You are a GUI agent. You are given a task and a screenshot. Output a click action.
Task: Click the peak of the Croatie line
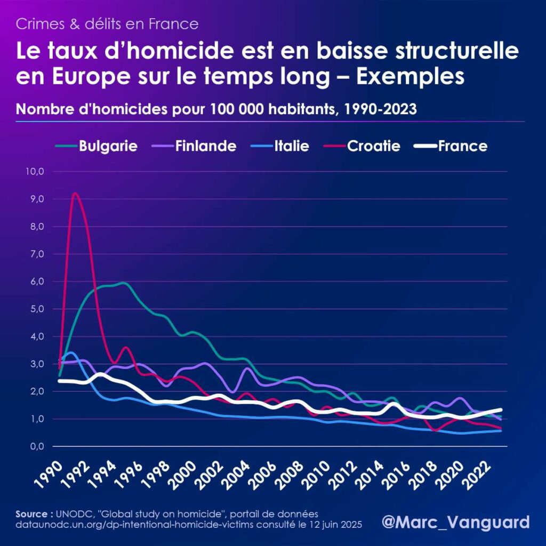tap(75, 194)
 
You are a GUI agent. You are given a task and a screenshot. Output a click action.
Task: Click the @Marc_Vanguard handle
tap(456, 521)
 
